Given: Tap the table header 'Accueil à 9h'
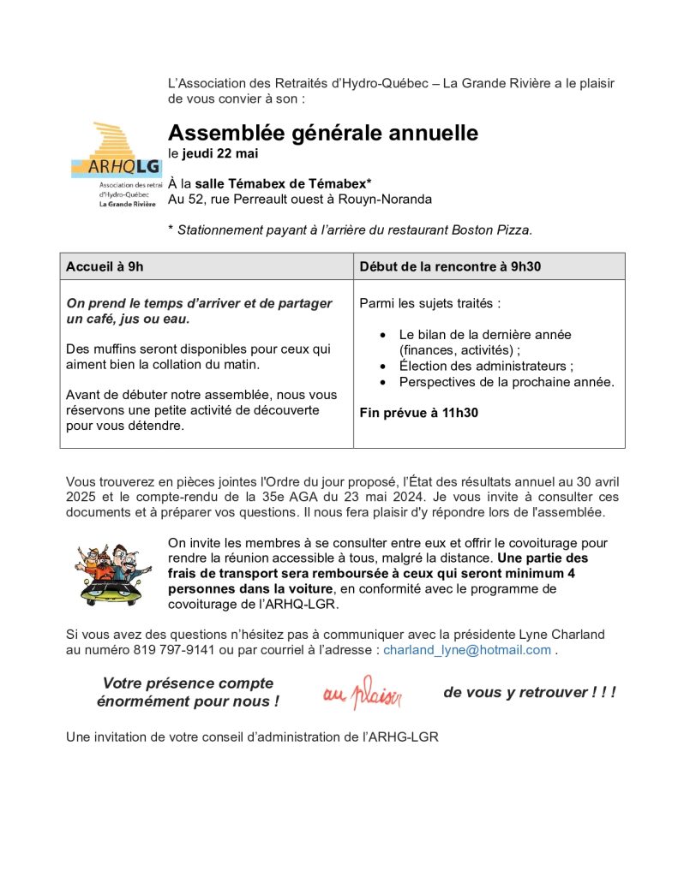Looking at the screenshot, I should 105,266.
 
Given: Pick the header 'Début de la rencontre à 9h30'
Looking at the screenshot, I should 450,266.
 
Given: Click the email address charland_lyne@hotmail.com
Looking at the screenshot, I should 466,650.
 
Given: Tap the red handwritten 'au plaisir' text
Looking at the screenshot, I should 362,692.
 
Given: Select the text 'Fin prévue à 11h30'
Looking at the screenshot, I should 418,412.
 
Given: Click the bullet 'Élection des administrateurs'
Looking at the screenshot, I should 486,367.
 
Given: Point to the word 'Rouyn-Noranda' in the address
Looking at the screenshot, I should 389,200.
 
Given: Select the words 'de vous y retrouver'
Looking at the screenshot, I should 515,692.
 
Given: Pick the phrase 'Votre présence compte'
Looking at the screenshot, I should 188,683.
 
